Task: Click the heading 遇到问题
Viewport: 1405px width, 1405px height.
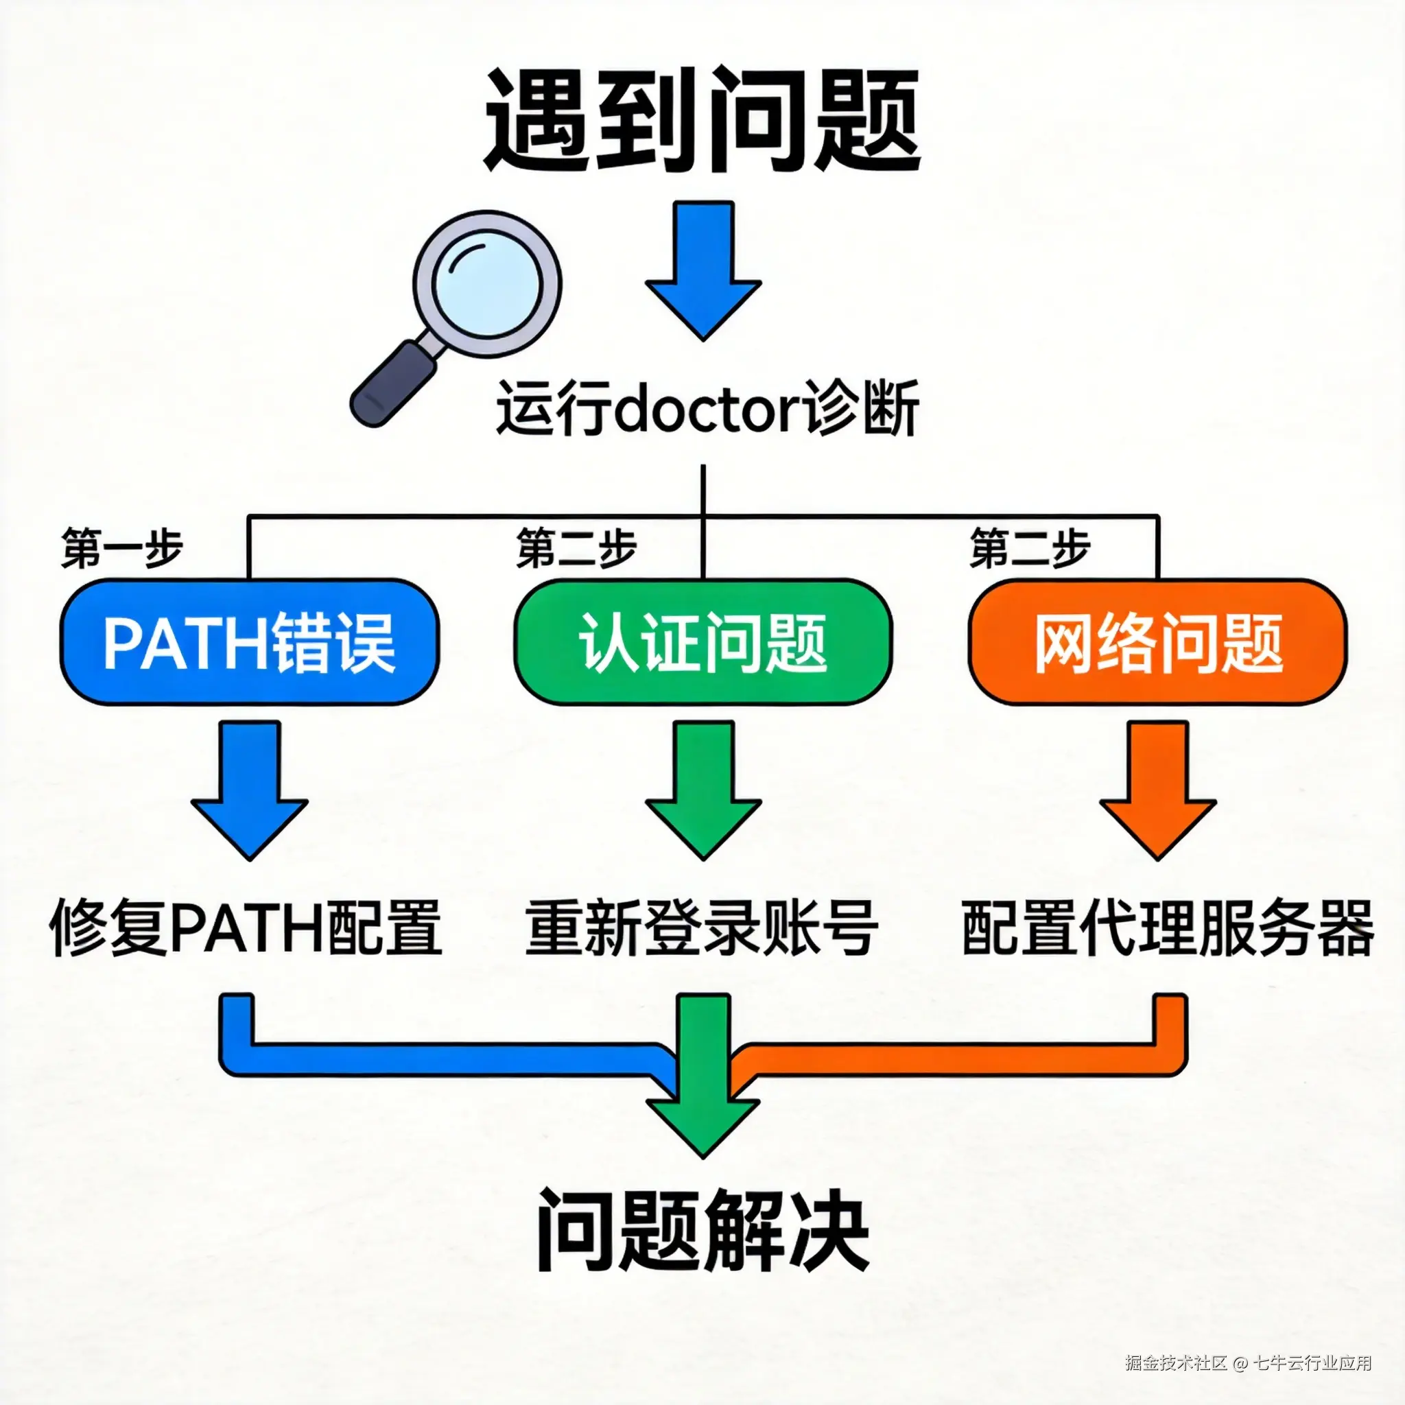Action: pyautogui.click(x=702, y=120)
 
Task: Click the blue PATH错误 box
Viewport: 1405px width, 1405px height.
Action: pyautogui.click(x=250, y=643)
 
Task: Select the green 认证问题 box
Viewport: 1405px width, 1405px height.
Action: pyautogui.click(x=702, y=643)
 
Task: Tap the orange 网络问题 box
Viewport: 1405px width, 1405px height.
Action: pyautogui.click(x=1158, y=643)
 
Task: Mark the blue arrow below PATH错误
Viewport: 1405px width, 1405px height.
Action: pyautogui.click(x=250, y=789)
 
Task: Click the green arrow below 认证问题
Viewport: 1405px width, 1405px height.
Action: pyautogui.click(x=702, y=789)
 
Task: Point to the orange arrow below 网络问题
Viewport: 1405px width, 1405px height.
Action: pyautogui.click(x=1158, y=789)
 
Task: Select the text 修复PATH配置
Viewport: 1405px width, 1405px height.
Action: pyautogui.click(x=246, y=929)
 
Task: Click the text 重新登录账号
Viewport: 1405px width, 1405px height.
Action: pyautogui.click(x=701, y=929)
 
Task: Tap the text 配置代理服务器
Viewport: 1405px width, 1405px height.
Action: pyautogui.click(x=1167, y=929)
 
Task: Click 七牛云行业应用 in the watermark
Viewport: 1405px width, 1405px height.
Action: pyautogui.click(x=1313, y=1362)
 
